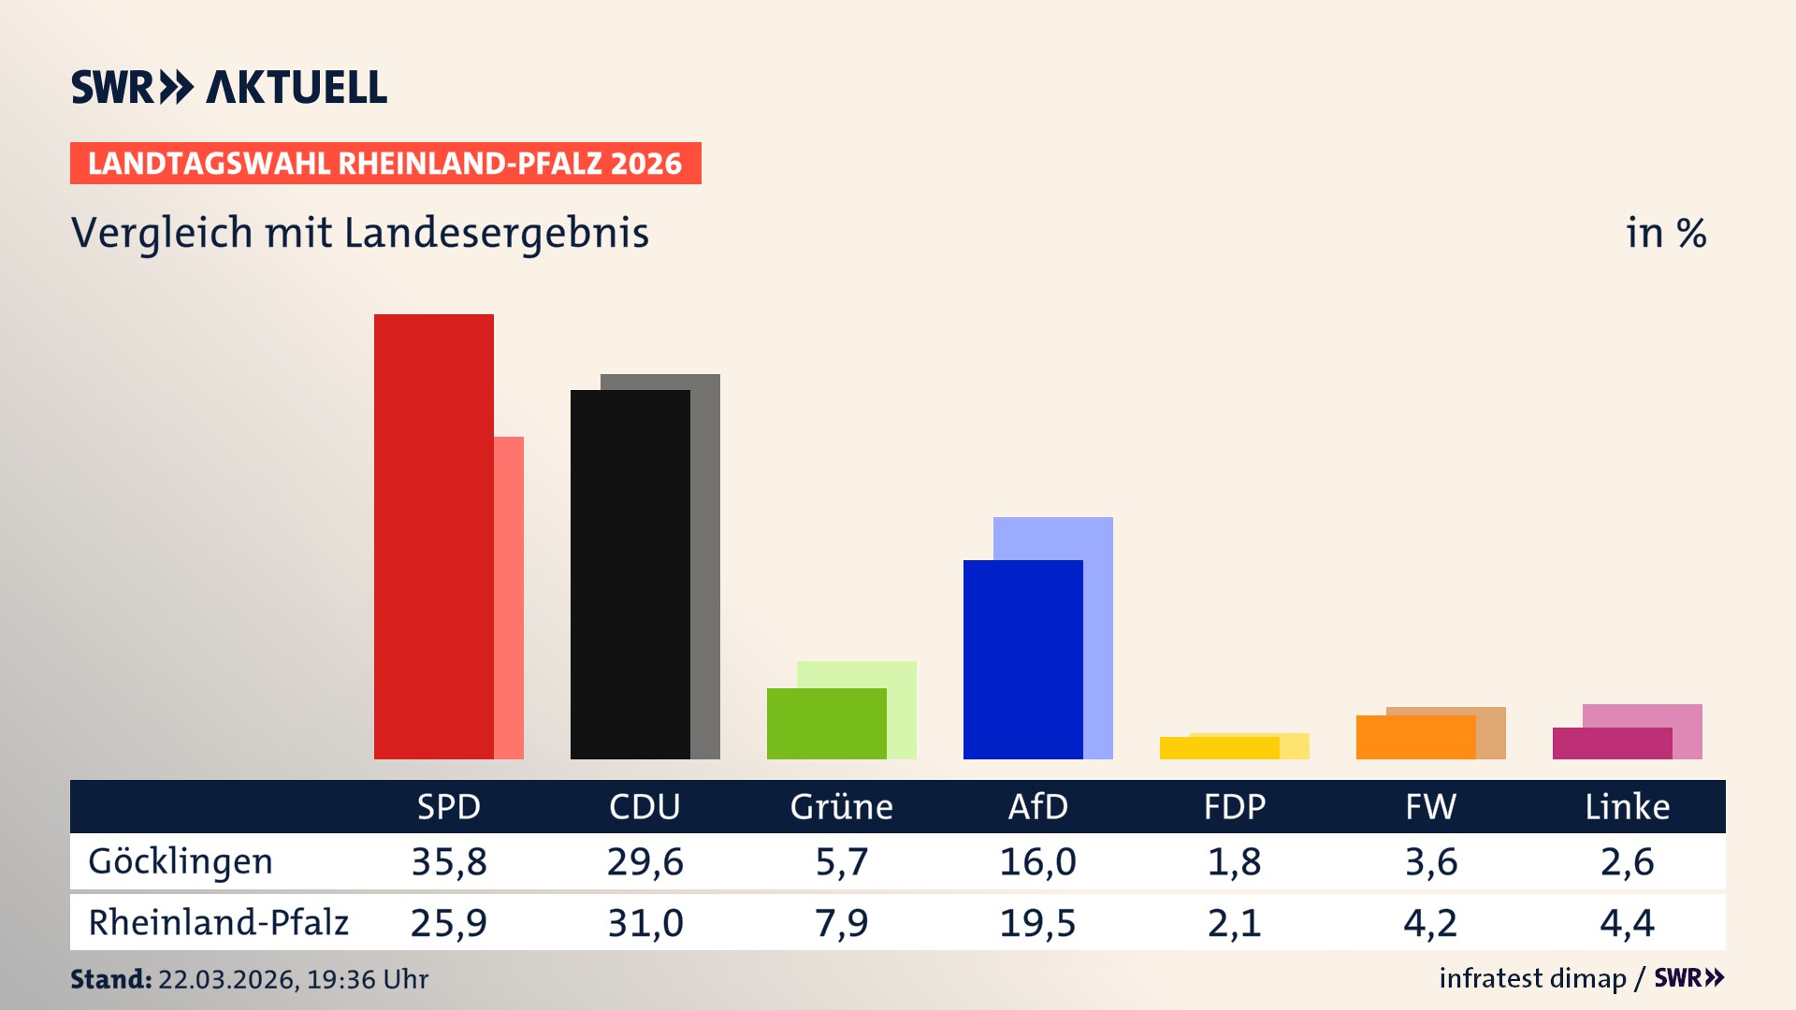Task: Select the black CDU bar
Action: (x=630, y=574)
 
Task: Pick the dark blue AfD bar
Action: (x=1022, y=659)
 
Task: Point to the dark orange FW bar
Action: (x=1415, y=737)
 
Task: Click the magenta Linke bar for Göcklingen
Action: (x=1612, y=743)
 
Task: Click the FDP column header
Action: (x=1234, y=806)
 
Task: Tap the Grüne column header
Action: (x=841, y=806)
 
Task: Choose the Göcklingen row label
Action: (x=181, y=861)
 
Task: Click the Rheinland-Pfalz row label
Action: (x=218, y=922)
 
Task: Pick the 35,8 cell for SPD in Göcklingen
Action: (x=449, y=861)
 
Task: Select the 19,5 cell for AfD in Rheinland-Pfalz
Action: (x=1037, y=923)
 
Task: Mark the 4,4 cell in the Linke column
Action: (x=1627, y=923)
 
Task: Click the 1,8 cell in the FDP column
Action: (x=1234, y=861)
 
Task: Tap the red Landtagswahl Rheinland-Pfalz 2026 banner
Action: (x=385, y=164)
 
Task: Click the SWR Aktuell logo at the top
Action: (x=229, y=87)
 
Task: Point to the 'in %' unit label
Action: (x=1665, y=233)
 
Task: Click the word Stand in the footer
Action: (x=110, y=979)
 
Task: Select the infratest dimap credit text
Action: (x=1532, y=978)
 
